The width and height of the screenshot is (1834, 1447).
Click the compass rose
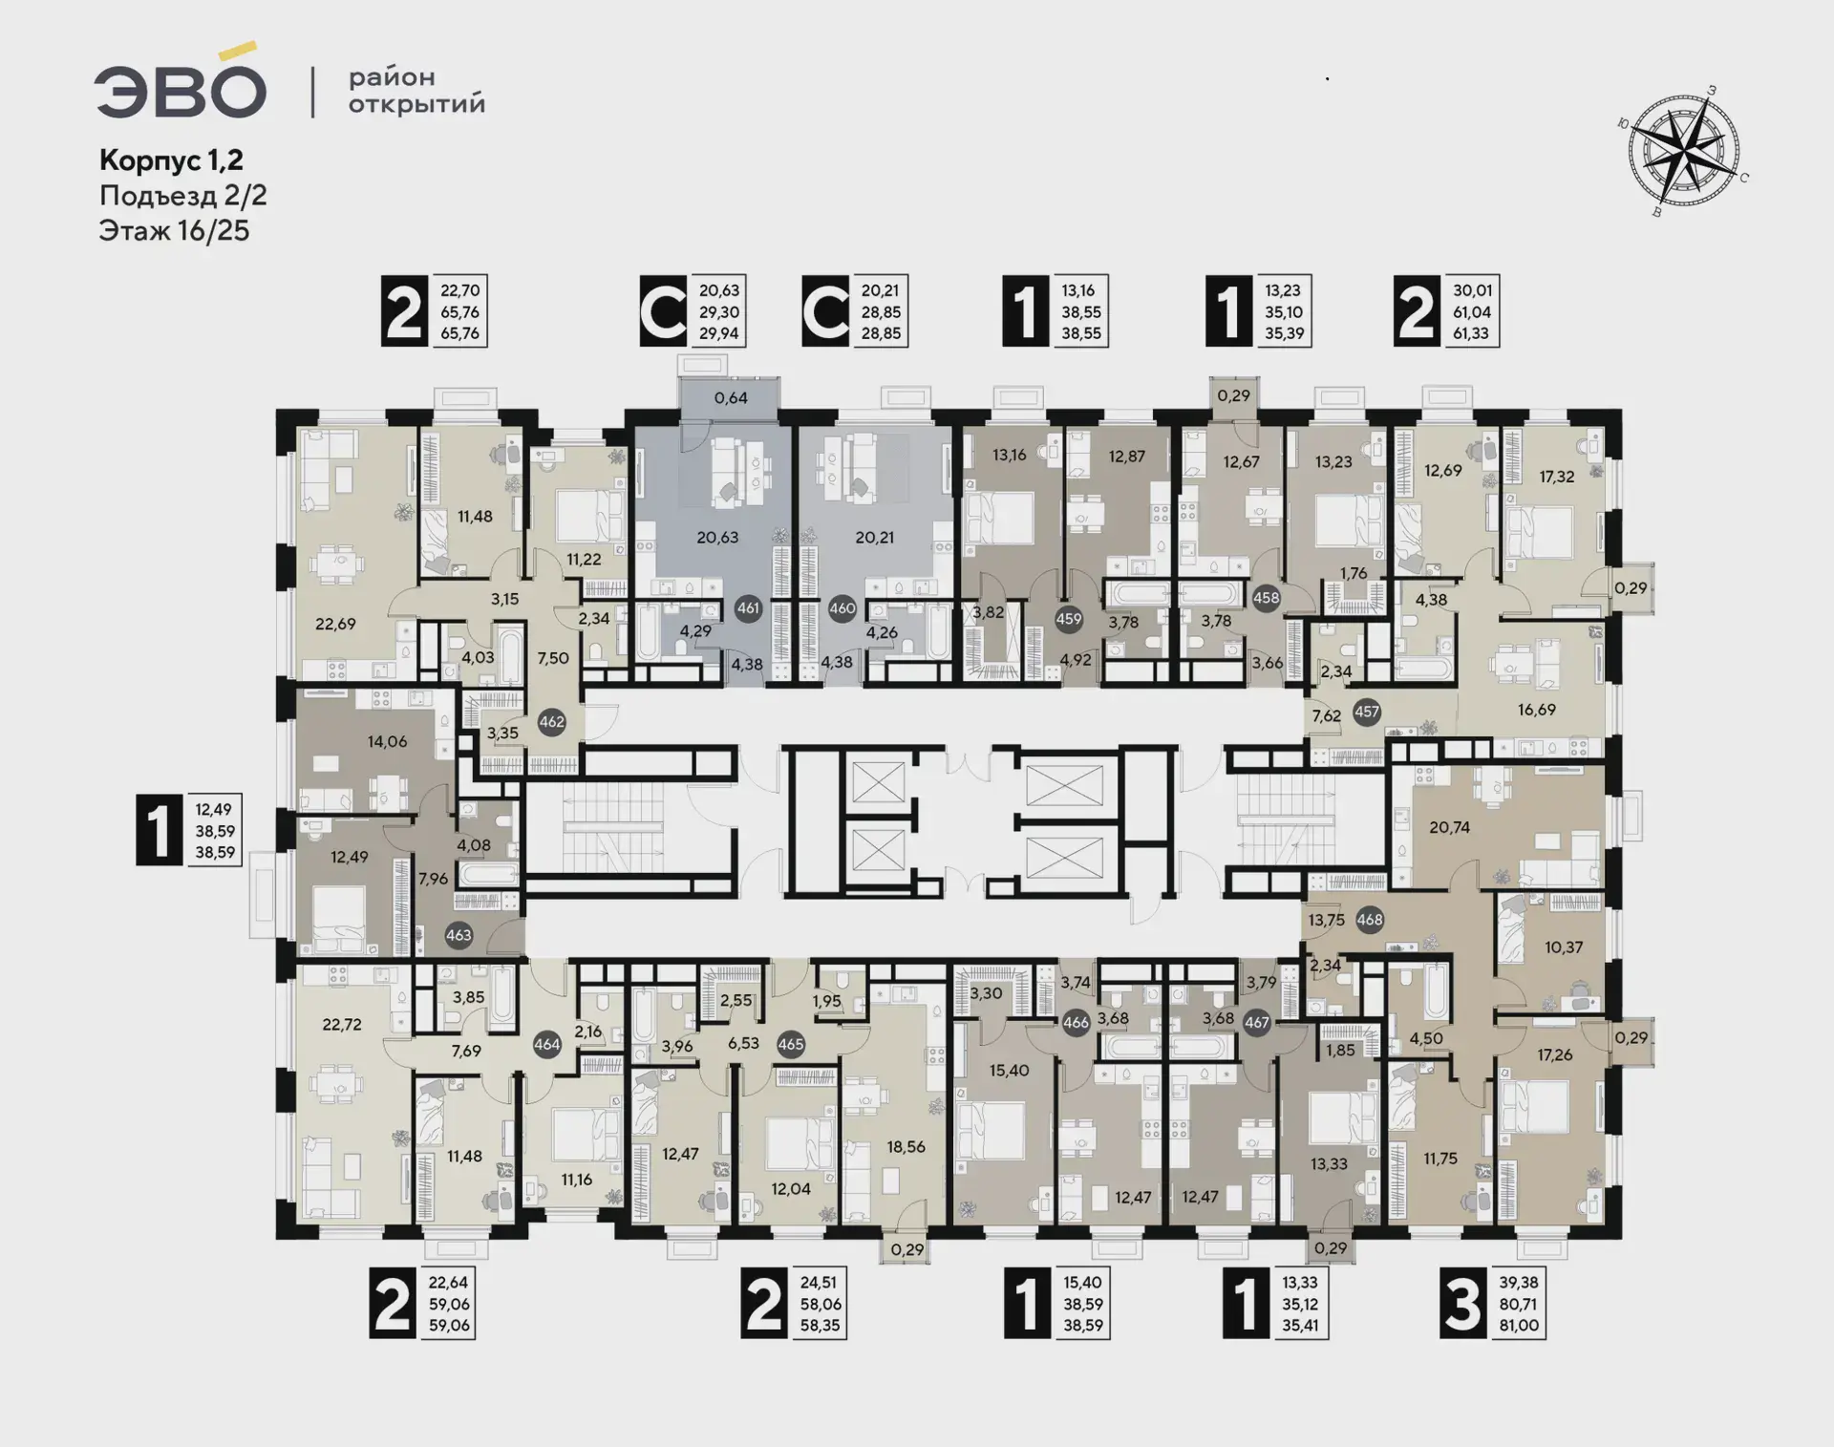(1684, 150)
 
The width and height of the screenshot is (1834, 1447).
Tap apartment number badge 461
(748, 608)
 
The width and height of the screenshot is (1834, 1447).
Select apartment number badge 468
(1370, 920)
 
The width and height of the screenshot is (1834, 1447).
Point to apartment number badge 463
(458, 935)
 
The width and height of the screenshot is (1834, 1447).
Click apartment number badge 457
(1367, 712)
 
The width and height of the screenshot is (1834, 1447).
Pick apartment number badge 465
(791, 1044)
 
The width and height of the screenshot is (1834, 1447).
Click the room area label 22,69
(335, 624)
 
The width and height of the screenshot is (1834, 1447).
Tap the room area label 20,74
(1449, 827)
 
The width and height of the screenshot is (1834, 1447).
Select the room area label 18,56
(906, 1146)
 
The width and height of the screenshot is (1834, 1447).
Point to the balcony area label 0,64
(731, 397)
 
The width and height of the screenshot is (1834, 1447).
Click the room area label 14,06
(387, 741)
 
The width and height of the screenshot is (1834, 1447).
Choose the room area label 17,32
(1557, 476)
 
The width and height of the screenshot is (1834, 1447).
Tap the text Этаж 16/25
(174, 231)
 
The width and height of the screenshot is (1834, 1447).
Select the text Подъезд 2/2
(183, 196)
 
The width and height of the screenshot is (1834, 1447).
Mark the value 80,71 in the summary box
(1518, 1304)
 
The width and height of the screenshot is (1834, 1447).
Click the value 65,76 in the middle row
(459, 311)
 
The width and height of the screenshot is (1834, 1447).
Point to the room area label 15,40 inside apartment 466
(1009, 1071)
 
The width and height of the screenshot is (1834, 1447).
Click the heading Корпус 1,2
(172, 160)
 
